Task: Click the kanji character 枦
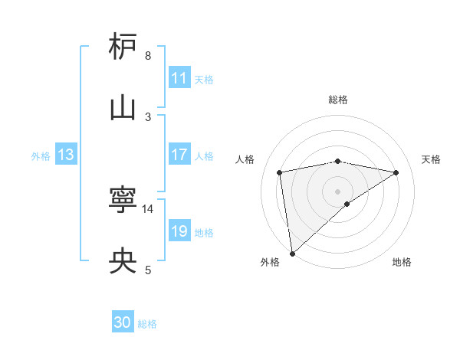point(123,47)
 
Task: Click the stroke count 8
point(148,56)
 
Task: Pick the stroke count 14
point(148,208)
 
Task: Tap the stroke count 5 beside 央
point(148,270)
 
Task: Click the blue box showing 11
point(179,78)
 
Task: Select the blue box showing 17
point(179,155)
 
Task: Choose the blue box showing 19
point(179,231)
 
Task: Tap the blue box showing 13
point(66,155)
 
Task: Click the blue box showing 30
point(123,323)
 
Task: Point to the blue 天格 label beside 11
point(204,80)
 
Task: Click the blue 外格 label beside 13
point(41,156)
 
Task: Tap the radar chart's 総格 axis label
point(338,100)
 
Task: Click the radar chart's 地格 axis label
point(402,263)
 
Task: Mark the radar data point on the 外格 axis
point(292,253)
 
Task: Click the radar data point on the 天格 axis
point(396,172)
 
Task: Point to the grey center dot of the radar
point(338,191)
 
